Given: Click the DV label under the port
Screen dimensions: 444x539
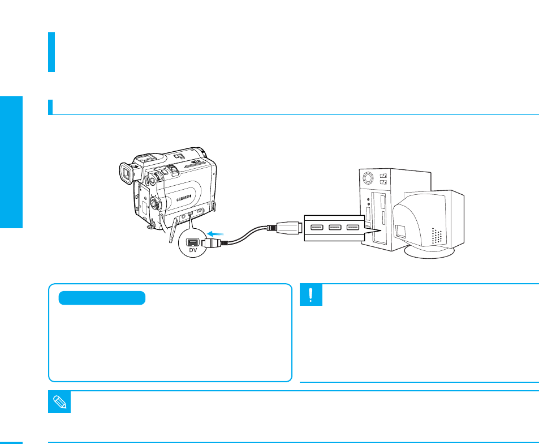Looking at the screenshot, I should (193, 250).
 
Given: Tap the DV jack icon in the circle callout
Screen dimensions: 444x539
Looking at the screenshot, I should (193, 241).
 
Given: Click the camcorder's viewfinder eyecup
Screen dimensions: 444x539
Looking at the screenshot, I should (127, 173).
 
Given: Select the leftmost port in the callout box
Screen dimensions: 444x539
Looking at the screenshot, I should (316, 228).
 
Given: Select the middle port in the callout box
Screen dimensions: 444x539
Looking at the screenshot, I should (334, 228).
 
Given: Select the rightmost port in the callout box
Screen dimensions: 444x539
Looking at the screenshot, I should (353, 228).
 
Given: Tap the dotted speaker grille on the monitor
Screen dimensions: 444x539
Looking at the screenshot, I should (436, 236).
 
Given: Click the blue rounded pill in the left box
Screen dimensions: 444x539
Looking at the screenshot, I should (102, 298).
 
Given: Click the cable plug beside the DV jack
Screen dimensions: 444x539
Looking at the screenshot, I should (212, 241).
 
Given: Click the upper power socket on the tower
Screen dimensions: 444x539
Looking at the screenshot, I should (383, 175).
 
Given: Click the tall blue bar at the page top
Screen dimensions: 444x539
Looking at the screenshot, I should (51, 52).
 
